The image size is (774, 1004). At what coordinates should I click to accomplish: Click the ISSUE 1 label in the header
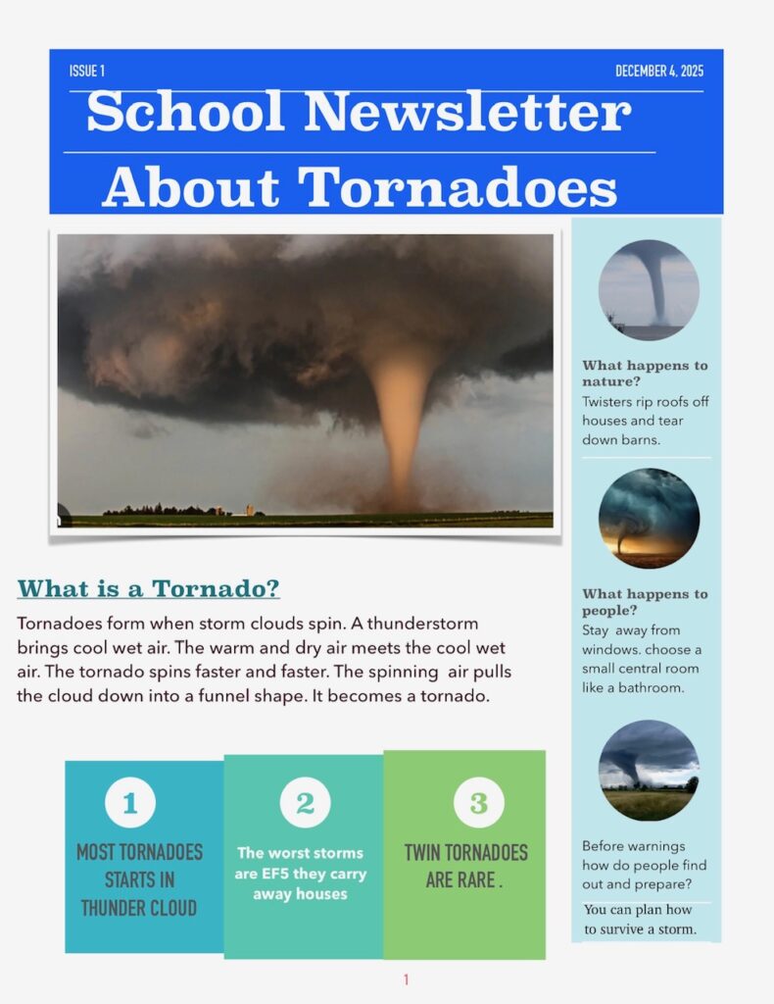[87, 71]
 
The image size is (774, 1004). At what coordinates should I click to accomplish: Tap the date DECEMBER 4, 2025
[659, 71]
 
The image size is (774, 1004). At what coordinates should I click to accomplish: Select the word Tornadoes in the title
[458, 186]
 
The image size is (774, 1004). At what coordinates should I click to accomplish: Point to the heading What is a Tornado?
[149, 588]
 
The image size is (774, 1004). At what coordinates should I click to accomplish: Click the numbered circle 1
[130, 804]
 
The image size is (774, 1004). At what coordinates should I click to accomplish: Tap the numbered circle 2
[305, 803]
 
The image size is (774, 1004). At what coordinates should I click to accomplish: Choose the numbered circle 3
[478, 803]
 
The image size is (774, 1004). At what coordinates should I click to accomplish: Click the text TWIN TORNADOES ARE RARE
[465, 866]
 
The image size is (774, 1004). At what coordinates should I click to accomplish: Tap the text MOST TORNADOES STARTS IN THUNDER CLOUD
[139, 879]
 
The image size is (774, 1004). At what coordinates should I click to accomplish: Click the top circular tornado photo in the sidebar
[649, 289]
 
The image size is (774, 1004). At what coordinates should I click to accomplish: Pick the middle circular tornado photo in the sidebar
[649, 518]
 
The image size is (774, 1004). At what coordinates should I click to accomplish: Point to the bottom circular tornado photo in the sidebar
[649, 770]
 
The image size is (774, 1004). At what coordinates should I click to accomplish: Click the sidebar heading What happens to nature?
[644, 373]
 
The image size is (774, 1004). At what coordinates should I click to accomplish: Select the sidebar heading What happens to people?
[644, 601]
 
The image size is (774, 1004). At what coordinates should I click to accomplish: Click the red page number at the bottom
[406, 979]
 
